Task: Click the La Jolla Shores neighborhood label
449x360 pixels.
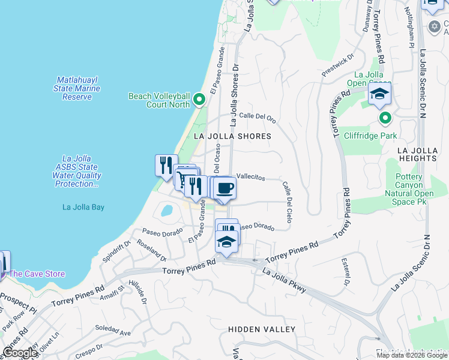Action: tap(232, 136)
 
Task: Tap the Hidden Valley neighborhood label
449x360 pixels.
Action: tap(261, 329)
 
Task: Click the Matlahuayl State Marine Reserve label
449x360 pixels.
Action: tap(77, 88)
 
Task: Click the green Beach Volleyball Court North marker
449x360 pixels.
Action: tap(199, 100)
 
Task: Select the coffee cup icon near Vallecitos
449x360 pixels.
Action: tap(225, 188)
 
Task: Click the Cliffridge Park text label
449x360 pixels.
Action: tap(370, 136)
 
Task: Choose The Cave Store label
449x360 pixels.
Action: tap(37, 274)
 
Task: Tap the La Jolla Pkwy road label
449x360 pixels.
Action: tap(285, 280)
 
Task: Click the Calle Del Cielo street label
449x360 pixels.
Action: tap(286, 202)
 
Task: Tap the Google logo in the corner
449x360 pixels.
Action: tap(20, 353)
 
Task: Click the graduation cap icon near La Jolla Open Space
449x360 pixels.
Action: tap(379, 94)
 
